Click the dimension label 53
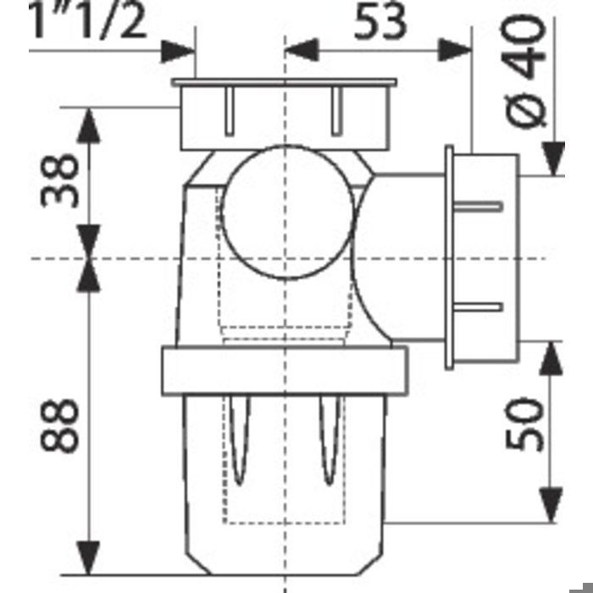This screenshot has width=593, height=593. click(380, 23)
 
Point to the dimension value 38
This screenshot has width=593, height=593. click(60, 180)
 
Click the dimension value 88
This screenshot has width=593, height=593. click(60, 426)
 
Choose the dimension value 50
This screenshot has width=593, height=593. click(524, 424)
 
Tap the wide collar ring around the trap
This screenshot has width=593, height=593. click(285, 371)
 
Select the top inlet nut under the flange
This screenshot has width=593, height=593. click(285, 118)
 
